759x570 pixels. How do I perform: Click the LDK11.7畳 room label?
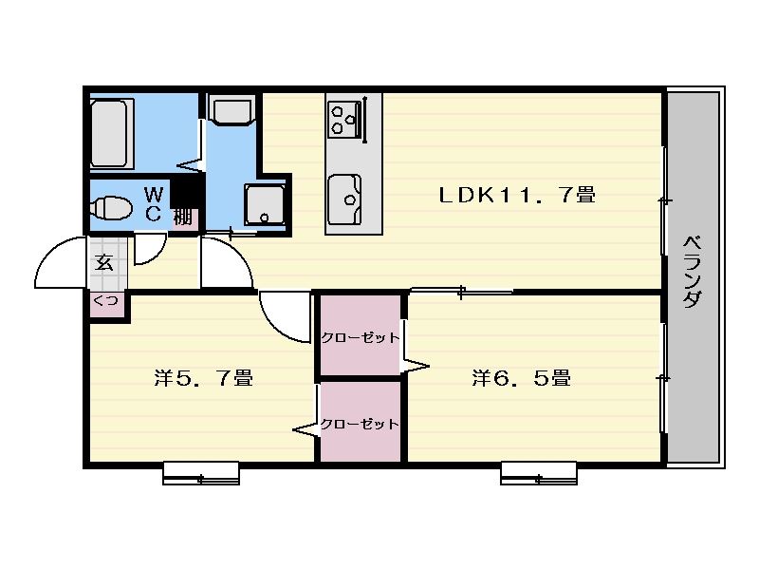517,195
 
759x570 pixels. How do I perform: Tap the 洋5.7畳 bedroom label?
203,378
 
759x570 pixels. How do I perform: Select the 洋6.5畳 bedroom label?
521,378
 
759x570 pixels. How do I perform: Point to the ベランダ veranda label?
693,272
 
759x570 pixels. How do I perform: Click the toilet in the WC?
111,207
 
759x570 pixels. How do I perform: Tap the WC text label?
154,204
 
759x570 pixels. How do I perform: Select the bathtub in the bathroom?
112,133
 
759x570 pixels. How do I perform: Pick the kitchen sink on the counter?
344,199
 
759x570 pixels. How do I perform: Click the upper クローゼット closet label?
361,338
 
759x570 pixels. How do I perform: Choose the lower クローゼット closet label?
360,425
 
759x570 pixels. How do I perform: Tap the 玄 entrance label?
104,262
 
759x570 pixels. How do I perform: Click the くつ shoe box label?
106,301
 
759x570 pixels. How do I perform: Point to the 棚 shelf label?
182,217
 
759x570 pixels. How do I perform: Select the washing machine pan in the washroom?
265,204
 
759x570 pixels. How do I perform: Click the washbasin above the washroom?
231,111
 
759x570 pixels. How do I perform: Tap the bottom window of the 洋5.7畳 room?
201,473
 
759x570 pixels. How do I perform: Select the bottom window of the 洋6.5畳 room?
539,473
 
